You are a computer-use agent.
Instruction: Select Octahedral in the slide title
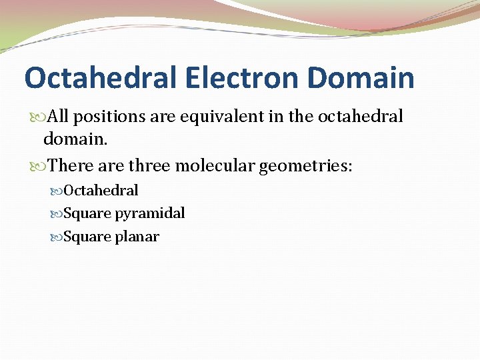(99, 77)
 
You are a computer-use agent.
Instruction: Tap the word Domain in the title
(361, 77)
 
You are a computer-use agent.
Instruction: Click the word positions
(104, 117)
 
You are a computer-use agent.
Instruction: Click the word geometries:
(306, 165)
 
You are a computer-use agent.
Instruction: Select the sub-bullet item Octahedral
(101, 191)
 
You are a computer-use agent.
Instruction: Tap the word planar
(137, 237)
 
